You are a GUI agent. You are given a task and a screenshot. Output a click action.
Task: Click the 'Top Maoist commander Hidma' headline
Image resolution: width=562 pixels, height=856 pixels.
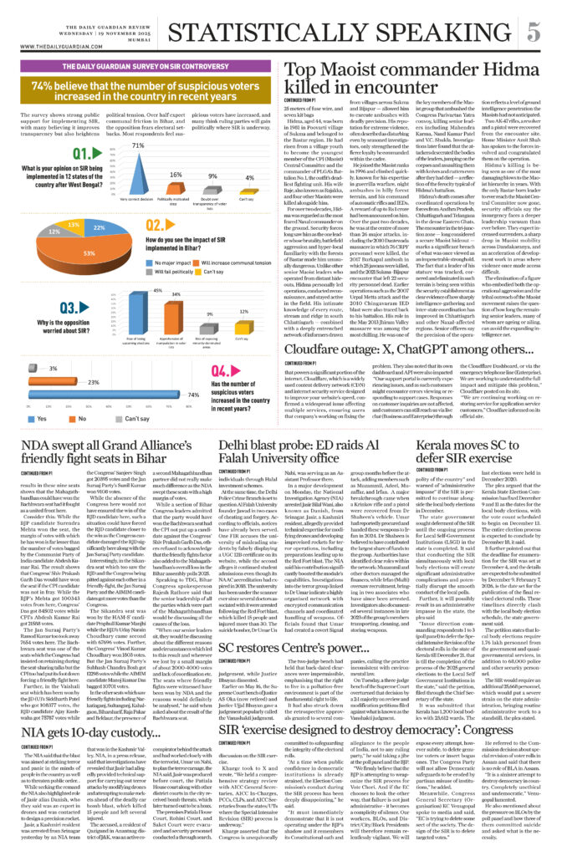(400, 80)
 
